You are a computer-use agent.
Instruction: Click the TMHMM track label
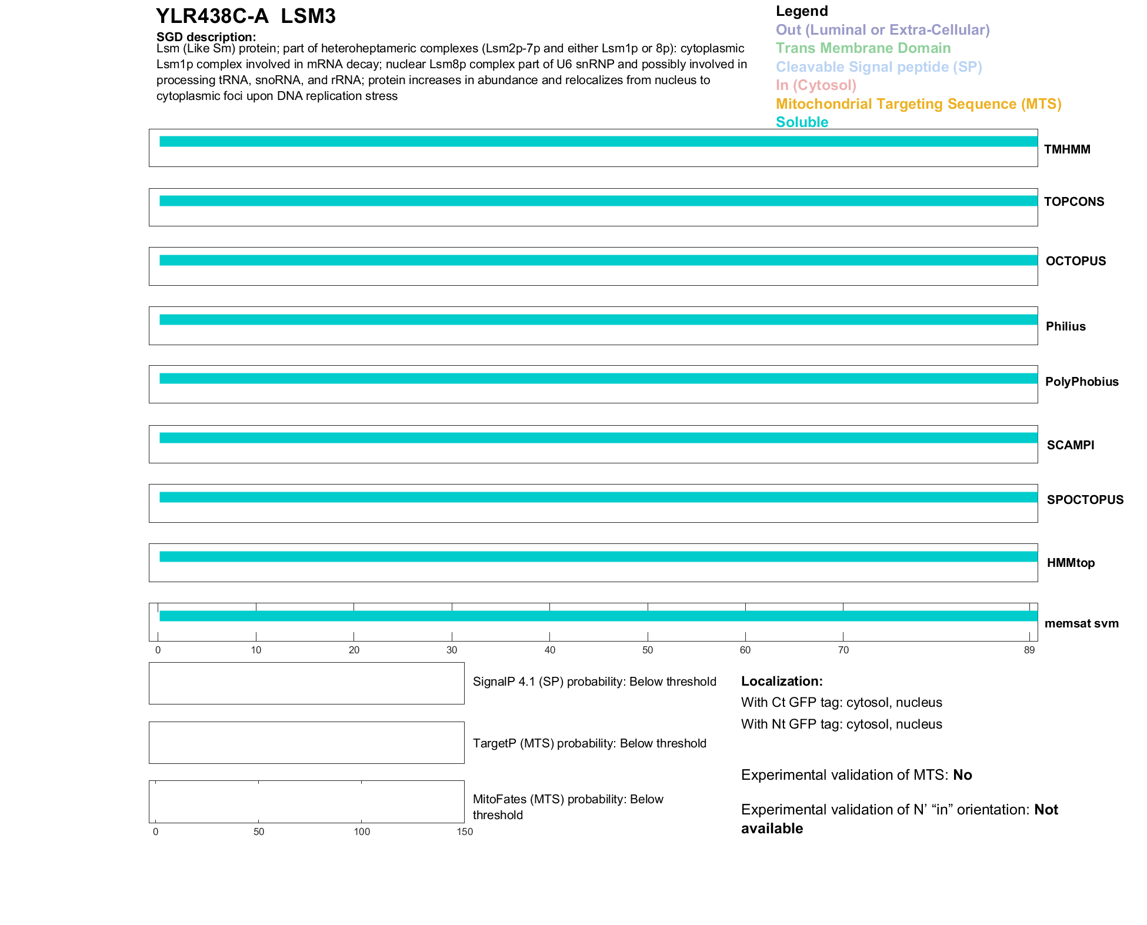pyautogui.click(x=1067, y=149)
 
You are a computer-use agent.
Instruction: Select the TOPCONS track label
pyautogui.click(x=1074, y=202)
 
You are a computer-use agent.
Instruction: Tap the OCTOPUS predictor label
pyautogui.click(x=1076, y=261)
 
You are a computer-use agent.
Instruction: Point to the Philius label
pyautogui.click(x=1065, y=326)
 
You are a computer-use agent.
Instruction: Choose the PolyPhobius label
pyautogui.click(x=1082, y=382)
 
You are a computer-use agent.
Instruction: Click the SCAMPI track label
pyautogui.click(x=1071, y=445)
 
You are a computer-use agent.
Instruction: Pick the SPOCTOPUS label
pyautogui.click(x=1085, y=500)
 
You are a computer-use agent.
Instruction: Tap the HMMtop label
pyautogui.click(x=1071, y=563)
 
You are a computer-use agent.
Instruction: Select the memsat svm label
pyautogui.click(x=1081, y=623)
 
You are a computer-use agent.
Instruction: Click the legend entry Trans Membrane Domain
pyautogui.click(x=863, y=48)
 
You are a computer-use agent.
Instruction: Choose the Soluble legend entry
pyautogui.click(x=802, y=122)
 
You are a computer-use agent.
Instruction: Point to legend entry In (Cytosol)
pyautogui.click(x=816, y=85)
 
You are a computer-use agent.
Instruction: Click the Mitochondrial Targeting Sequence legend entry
pyautogui.click(x=918, y=104)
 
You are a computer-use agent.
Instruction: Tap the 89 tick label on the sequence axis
pyautogui.click(x=1029, y=650)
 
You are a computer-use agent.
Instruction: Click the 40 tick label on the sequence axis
pyautogui.click(x=549, y=650)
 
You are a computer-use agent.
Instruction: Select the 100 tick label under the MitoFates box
pyautogui.click(x=362, y=832)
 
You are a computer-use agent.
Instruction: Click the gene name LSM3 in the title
pyautogui.click(x=308, y=16)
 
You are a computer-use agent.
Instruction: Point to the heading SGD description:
pyautogui.click(x=206, y=37)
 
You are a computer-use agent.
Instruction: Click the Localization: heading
pyautogui.click(x=782, y=681)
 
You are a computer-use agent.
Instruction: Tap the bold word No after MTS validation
pyautogui.click(x=962, y=775)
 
